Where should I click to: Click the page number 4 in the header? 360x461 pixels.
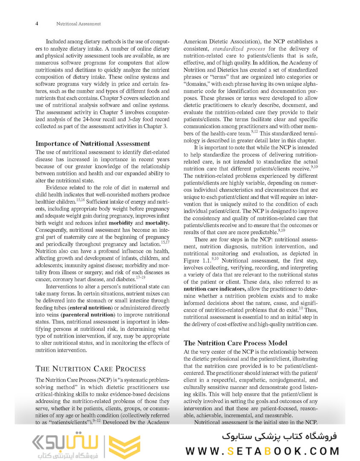[38, 24]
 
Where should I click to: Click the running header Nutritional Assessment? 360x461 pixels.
[78, 24]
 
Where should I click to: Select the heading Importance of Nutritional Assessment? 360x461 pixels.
[93, 143]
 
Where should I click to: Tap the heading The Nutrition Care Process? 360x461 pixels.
[90, 368]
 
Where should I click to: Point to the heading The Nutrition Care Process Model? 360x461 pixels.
[235, 343]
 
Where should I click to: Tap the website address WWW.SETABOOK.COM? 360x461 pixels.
[262, 451]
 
